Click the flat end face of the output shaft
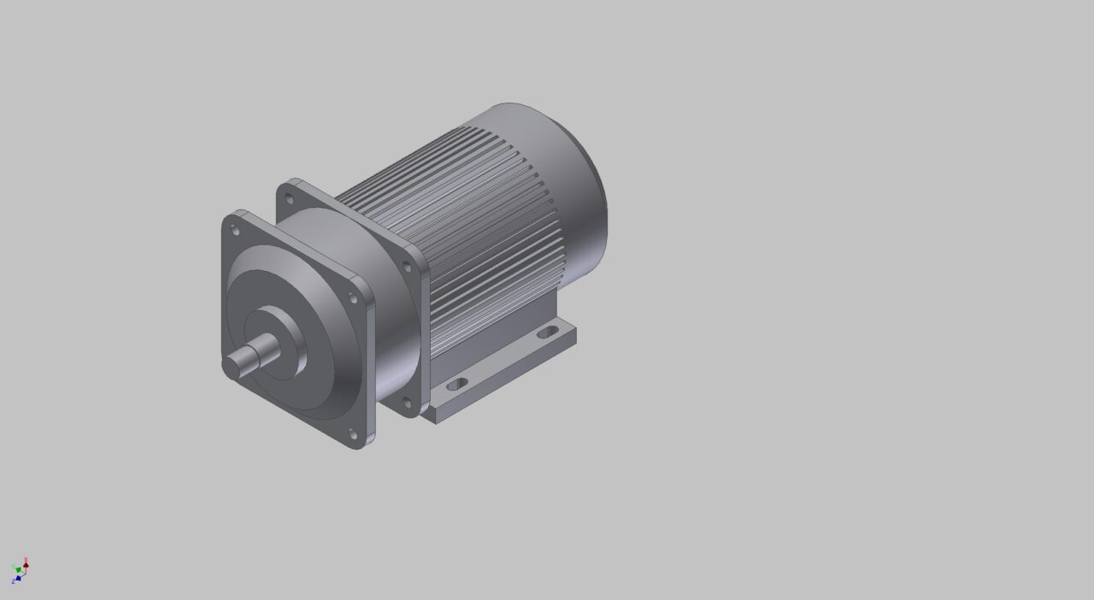232,366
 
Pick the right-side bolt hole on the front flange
352,298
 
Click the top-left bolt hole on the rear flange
289,199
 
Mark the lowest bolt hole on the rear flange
406,403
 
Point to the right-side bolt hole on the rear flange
407,268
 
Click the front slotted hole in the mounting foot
457,385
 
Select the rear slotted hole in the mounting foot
543,334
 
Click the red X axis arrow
26,563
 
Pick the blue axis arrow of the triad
15,579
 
